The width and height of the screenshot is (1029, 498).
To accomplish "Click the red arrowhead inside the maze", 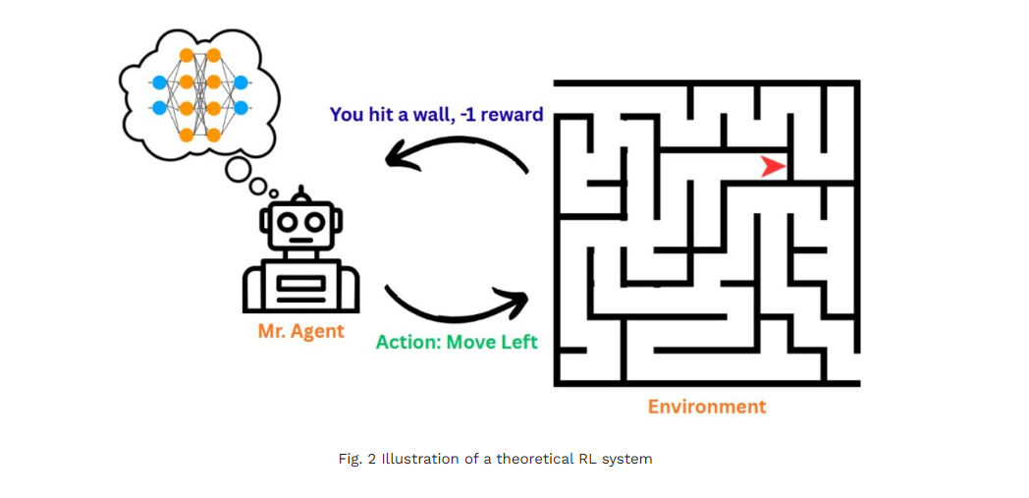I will click(x=774, y=167).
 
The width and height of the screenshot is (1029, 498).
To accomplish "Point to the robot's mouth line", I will click(x=300, y=241).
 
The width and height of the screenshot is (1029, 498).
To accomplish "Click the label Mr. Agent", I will click(x=301, y=331).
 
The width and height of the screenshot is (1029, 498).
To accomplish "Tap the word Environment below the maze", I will click(x=707, y=406).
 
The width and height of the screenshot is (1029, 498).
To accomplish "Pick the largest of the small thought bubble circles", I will click(x=238, y=170).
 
